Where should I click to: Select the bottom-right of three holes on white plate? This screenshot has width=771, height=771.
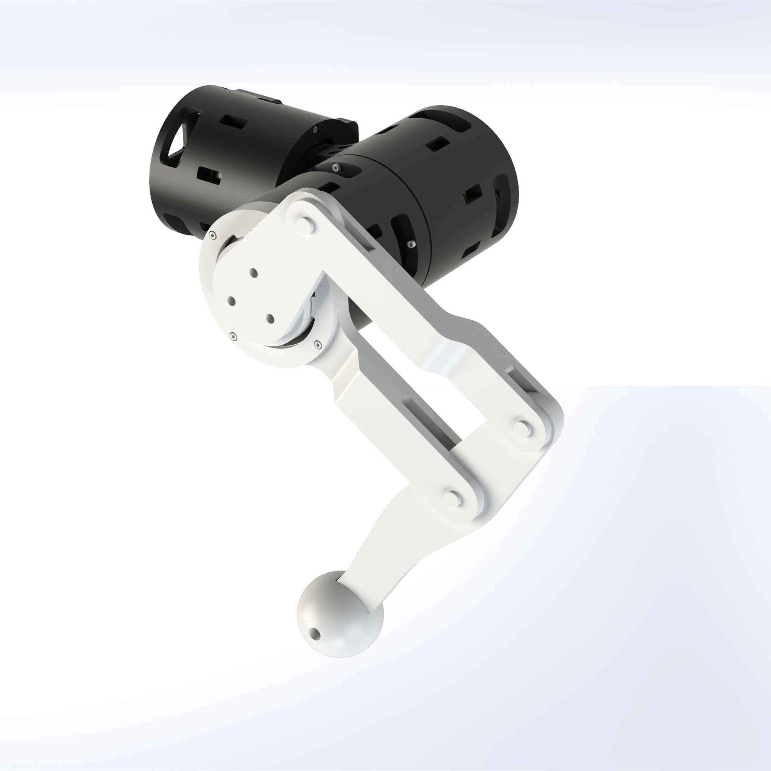pyautogui.click(x=270, y=318)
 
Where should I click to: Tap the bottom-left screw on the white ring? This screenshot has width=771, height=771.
pyautogui.click(x=234, y=337)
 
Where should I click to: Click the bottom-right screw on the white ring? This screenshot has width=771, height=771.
pyautogui.click(x=317, y=343)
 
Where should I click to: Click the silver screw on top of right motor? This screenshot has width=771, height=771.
pyautogui.click(x=337, y=167)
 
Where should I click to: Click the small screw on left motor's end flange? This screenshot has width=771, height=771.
pyautogui.click(x=316, y=130)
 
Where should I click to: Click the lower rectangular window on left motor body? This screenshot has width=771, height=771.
pyautogui.click(x=209, y=175)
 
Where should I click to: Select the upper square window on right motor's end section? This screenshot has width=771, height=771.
pyautogui.click(x=438, y=145)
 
